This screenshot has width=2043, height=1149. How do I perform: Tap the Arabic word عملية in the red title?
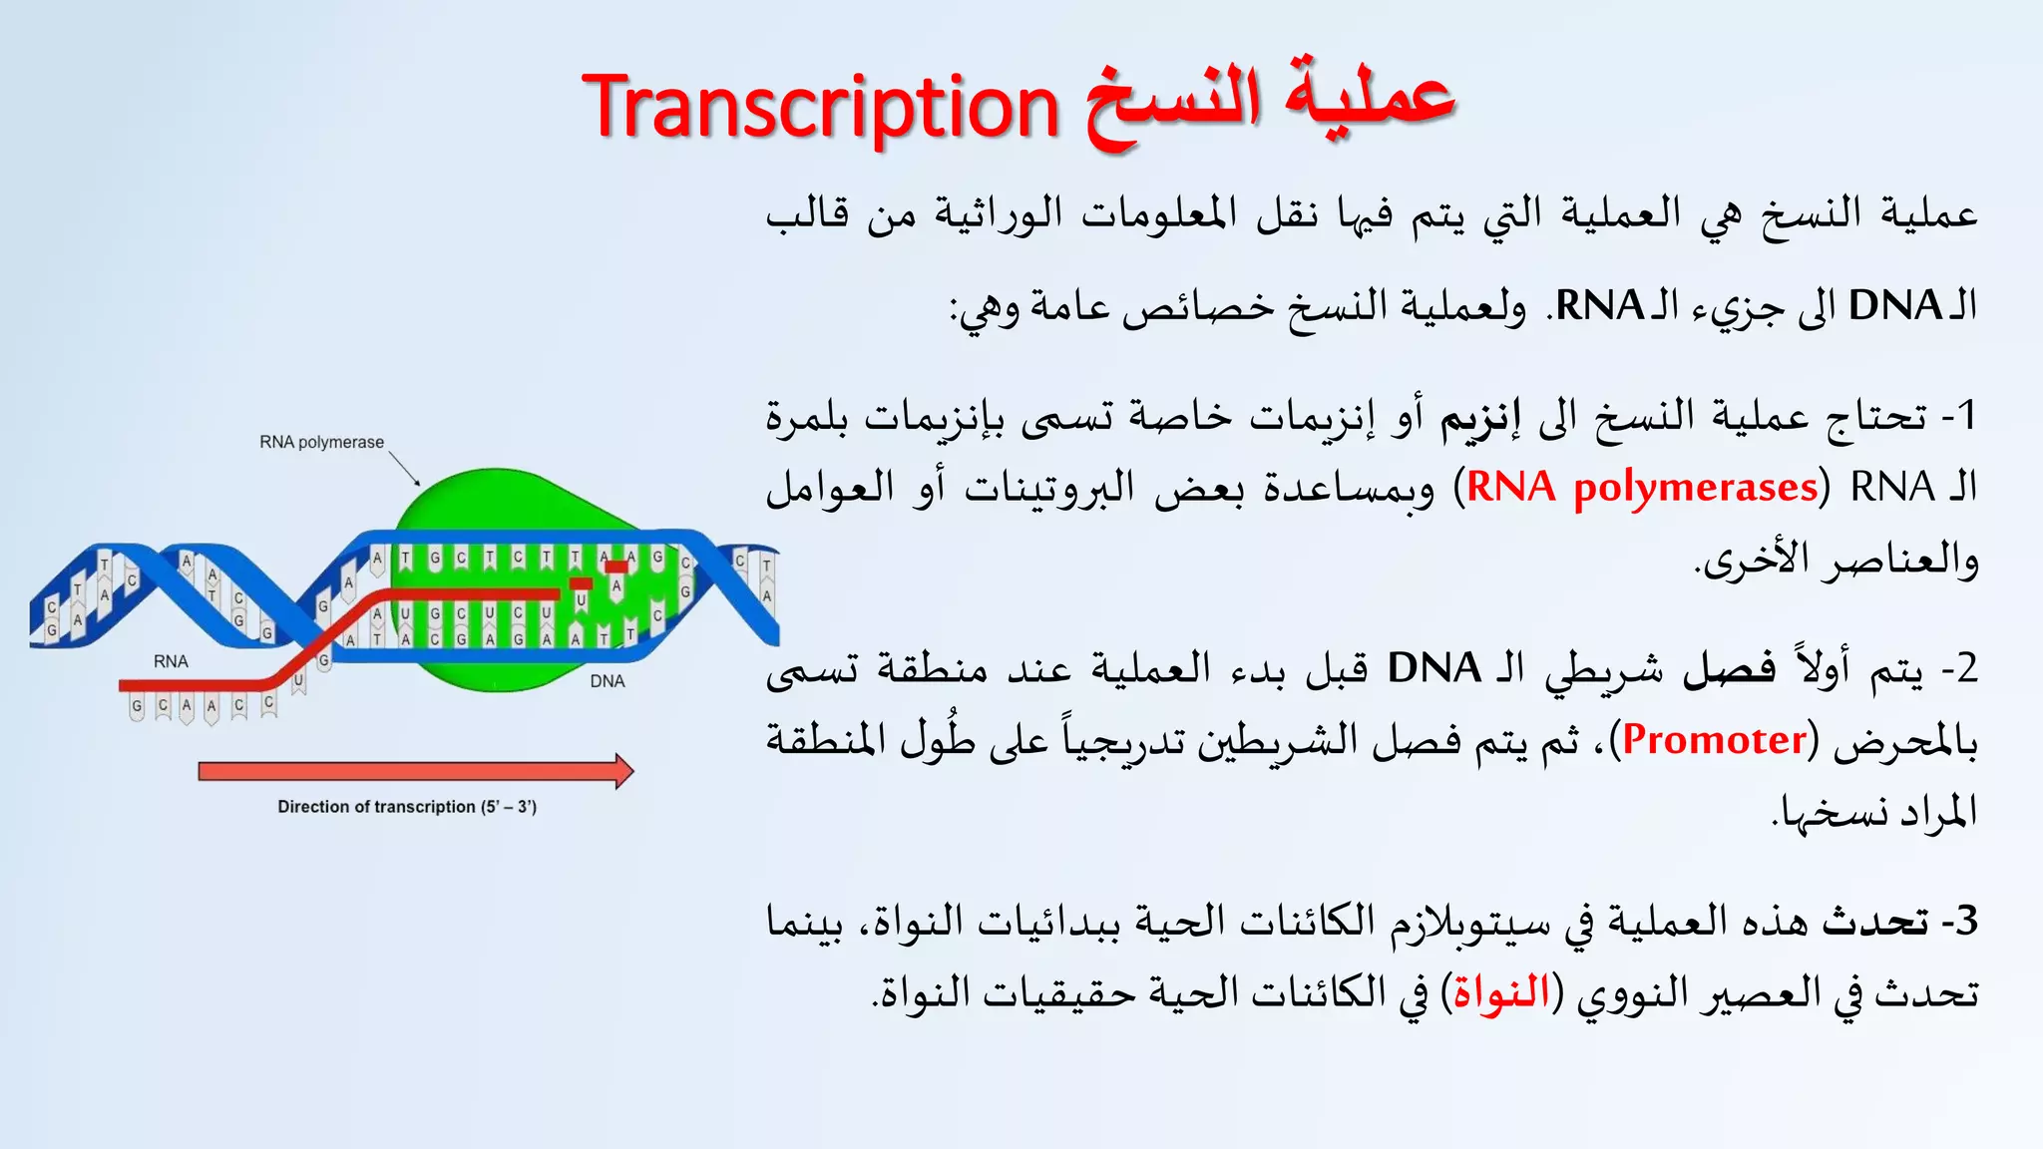[1369, 100]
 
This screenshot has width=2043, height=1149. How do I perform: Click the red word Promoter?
[1715, 740]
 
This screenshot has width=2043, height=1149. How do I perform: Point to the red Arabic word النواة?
[1501, 993]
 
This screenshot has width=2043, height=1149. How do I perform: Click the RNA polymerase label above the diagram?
[321, 442]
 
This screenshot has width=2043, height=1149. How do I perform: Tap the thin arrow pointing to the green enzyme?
[404, 468]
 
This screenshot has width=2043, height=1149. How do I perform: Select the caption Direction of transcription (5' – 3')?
[407, 807]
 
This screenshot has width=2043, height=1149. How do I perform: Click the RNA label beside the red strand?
[171, 661]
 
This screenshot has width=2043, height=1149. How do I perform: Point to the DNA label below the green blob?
[607, 681]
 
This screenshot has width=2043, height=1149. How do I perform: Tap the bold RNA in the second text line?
[1599, 305]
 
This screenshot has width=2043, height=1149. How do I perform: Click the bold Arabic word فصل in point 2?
[1729, 668]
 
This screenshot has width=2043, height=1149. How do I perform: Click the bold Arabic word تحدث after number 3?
[1875, 921]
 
